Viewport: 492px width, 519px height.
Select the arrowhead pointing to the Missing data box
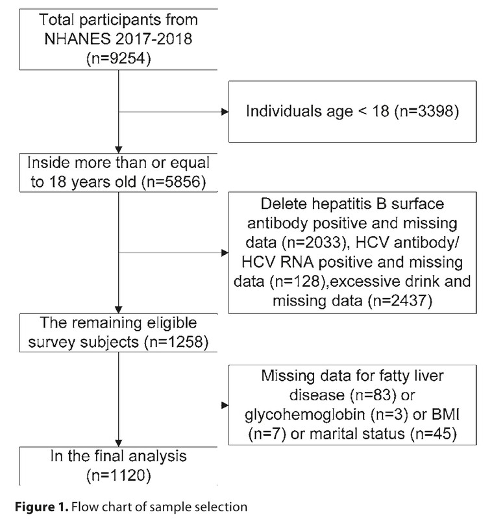pyautogui.click(x=225, y=407)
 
